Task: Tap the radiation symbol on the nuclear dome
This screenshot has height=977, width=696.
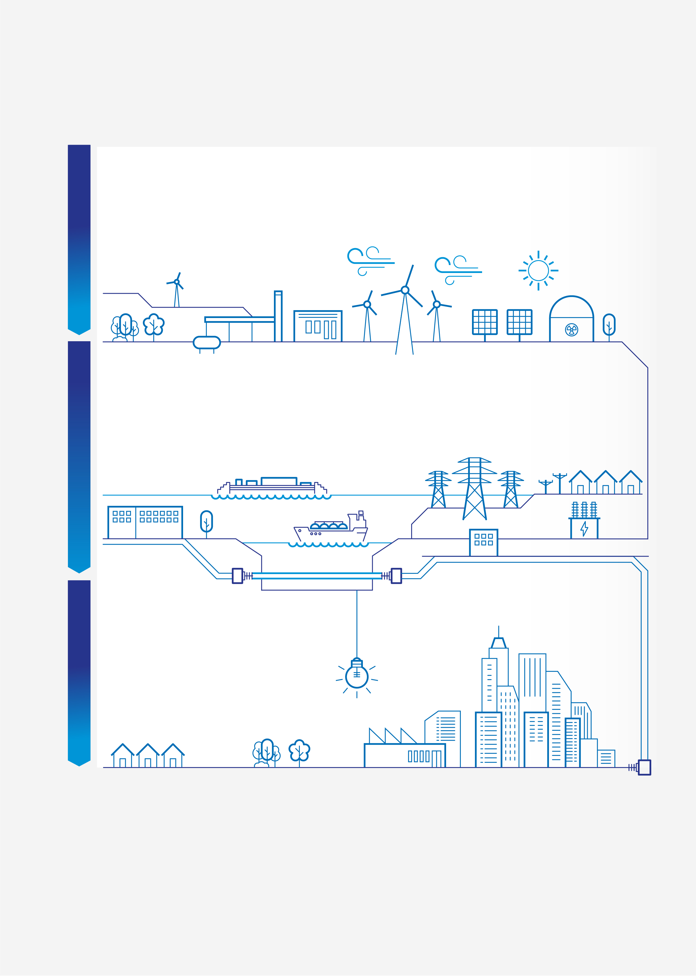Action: coord(571,330)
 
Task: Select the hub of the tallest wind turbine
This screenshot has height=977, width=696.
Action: coord(405,290)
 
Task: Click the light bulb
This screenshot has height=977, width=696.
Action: coord(357,676)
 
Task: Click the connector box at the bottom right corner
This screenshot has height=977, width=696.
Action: coord(644,767)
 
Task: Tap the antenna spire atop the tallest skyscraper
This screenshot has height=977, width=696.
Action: coord(498,631)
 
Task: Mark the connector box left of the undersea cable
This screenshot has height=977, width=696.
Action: coord(237,576)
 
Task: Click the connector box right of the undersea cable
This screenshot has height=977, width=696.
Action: coord(396,576)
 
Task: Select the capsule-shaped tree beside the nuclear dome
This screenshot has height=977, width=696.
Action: coord(609,325)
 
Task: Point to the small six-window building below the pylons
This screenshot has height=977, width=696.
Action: coord(483,542)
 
